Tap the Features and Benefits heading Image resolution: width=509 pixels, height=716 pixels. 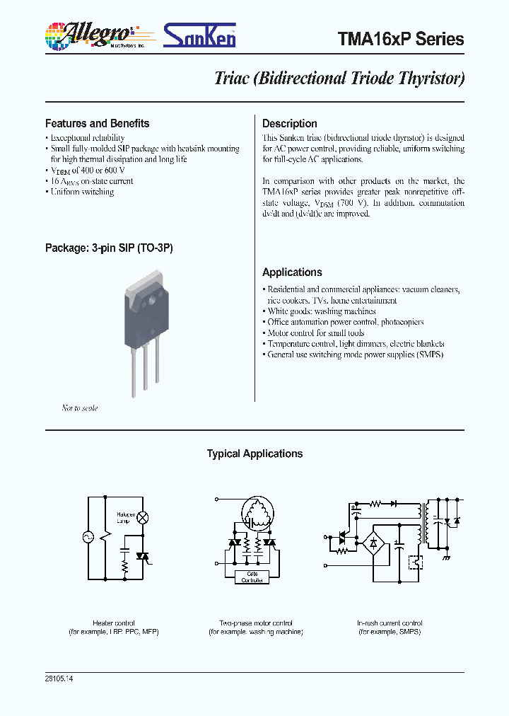tap(97, 123)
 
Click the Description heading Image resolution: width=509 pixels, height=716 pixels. tap(289, 123)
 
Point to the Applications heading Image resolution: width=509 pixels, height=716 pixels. tap(292, 272)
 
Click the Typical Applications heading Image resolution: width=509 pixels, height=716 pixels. tap(255, 454)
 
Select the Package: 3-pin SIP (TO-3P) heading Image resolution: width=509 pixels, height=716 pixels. tap(109, 248)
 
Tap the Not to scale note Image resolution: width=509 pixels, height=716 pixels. tap(79, 408)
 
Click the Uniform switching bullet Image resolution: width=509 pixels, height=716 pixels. tap(81, 192)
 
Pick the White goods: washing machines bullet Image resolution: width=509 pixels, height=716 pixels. tap(321, 311)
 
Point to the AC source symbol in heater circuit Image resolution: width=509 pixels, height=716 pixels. tap(89, 537)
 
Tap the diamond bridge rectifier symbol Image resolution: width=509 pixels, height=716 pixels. tap(373, 543)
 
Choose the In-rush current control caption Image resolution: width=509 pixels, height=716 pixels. tap(389, 623)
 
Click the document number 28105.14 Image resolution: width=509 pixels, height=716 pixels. tap(59, 679)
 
